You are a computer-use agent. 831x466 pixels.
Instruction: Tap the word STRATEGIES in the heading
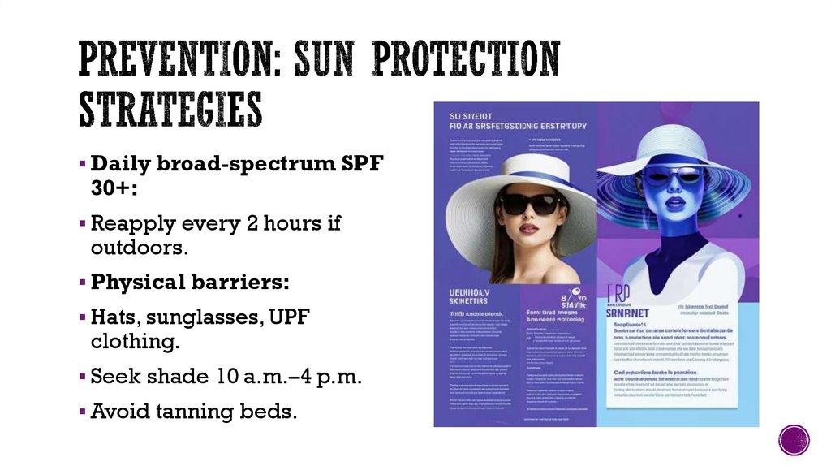pyautogui.click(x=170, y=110)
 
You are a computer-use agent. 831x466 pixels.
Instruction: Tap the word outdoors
pyautogui.click(x=140, y=247)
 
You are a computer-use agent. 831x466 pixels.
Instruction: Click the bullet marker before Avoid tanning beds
pyautogui.click(x=82, y=412)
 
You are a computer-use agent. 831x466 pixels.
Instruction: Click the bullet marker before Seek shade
pyautogui.click(x=82, y=377)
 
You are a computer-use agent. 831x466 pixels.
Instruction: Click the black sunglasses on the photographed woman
pyautogui.click(x=530, y=203)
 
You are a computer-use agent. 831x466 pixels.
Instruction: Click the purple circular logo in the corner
pyautogui.click(x=794, y=440)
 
